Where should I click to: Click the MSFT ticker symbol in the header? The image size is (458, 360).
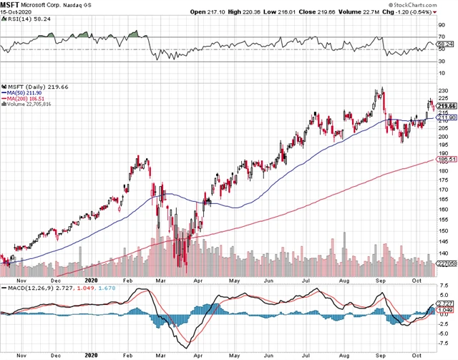pos(9,5)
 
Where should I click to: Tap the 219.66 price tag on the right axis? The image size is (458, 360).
pos(442,106)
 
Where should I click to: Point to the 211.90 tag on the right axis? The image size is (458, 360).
pos(442,118)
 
